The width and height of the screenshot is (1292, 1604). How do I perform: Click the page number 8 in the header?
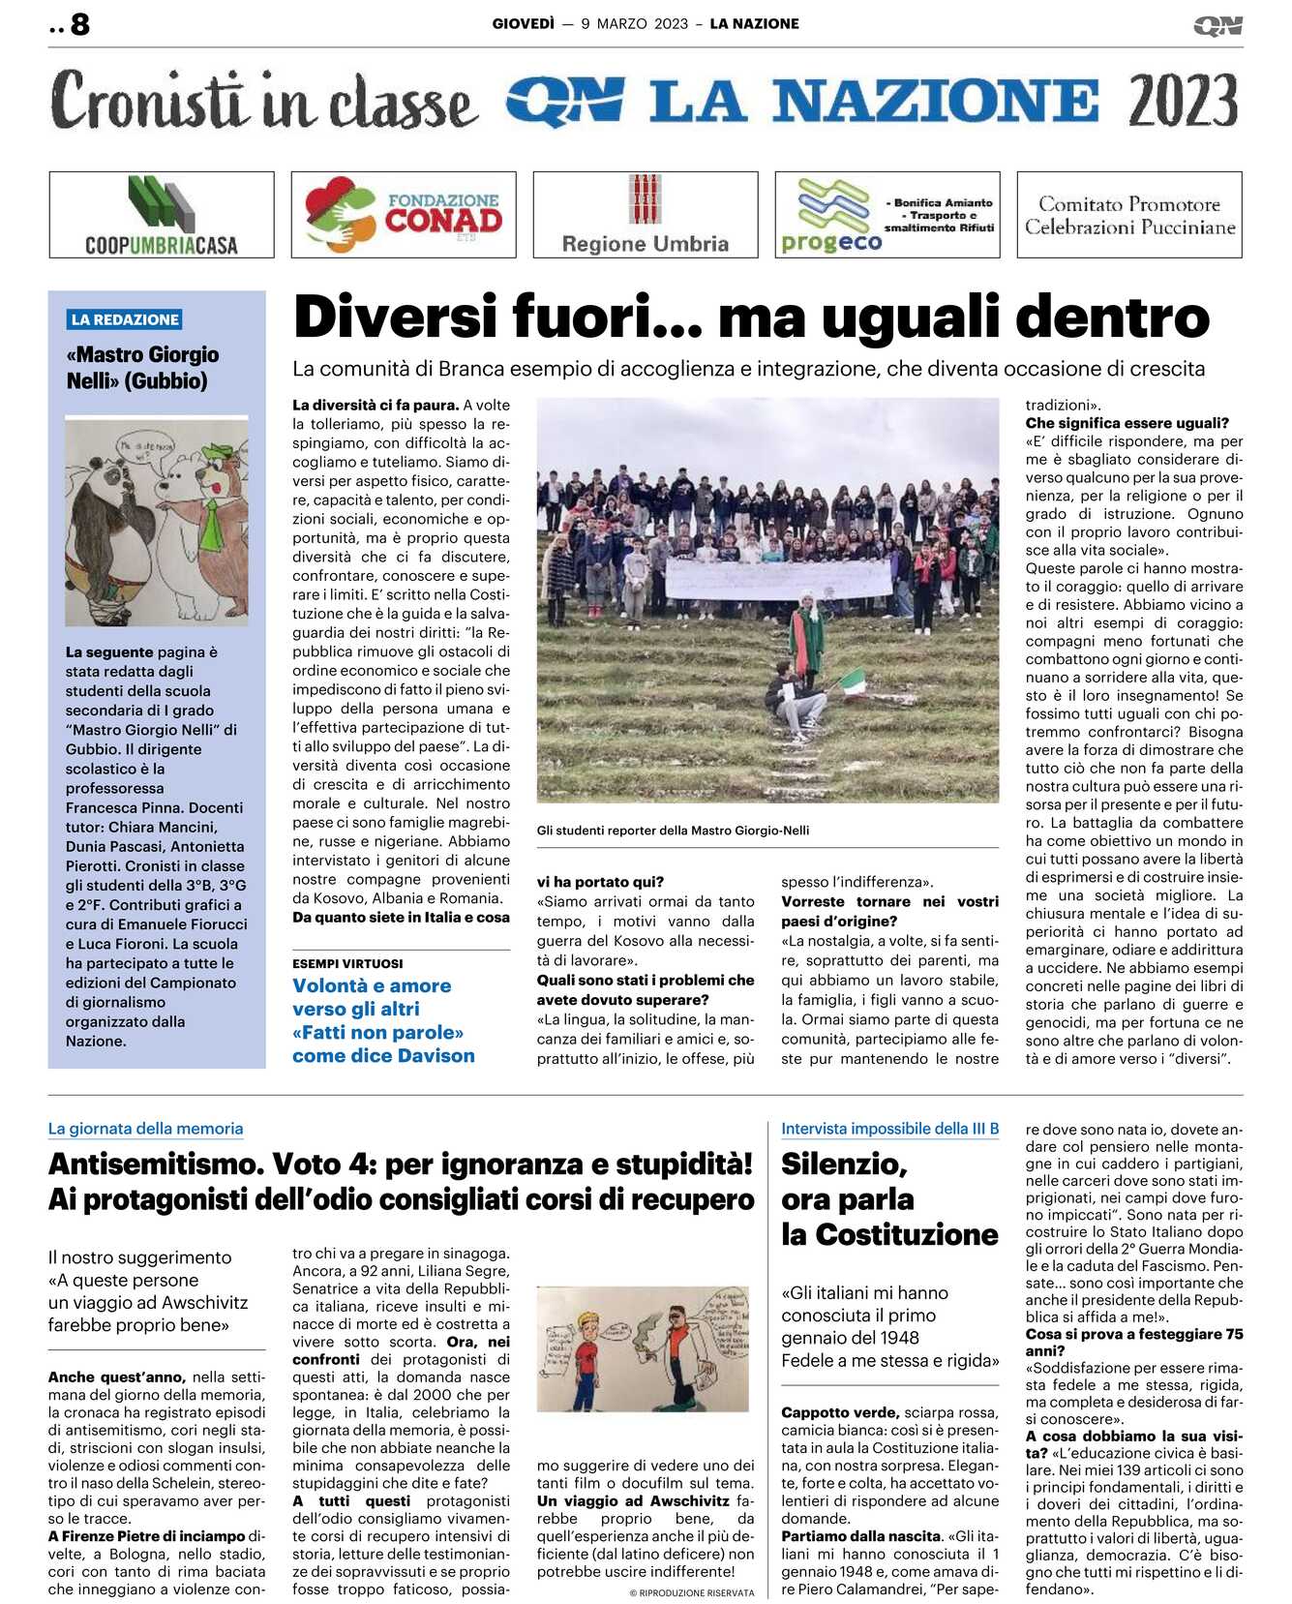pyautogui.click(x=79, y=24)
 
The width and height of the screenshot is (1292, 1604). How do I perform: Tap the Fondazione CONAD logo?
pyautogui.click(x=404, y=215)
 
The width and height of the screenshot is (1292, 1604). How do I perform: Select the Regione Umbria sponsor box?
pyautogui.click(x=646, y=215)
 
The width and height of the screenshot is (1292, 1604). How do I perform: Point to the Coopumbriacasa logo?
pyautogui.click(x=162, y=215)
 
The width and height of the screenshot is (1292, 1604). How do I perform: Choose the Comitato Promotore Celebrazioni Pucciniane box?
pyautogui.click(x=1129, y=215)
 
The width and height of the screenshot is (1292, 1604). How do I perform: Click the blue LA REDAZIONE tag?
pyautogui.click(x=125, y=319)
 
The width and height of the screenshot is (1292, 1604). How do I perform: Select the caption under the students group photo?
pyautogui.click(x=673, y=830)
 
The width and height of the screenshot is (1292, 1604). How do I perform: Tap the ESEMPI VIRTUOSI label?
pyautogui.click(x=347, y=963)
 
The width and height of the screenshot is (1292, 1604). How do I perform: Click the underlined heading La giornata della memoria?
pyautogui.click(x=145, y=1128)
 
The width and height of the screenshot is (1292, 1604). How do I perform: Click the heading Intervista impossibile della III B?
pyautogui.click(x=889, y=1128)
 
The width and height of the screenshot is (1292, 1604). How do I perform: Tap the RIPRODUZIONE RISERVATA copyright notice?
pyautogui.click(x=691, y=1592)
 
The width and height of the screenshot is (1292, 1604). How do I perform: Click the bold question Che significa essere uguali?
pyautogui.click(x=1127, y=423)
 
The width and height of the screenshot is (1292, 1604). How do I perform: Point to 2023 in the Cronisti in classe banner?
pyautogui.click(x=1183, y=101)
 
